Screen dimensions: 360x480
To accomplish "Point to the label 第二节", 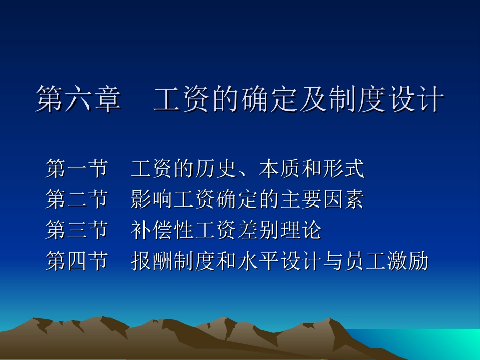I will tap(77, 200).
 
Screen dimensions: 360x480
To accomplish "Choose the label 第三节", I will tap(77, 231).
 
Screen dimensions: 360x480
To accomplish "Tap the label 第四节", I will tap(77, 262).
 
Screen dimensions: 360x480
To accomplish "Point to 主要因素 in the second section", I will tap(322, 200).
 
